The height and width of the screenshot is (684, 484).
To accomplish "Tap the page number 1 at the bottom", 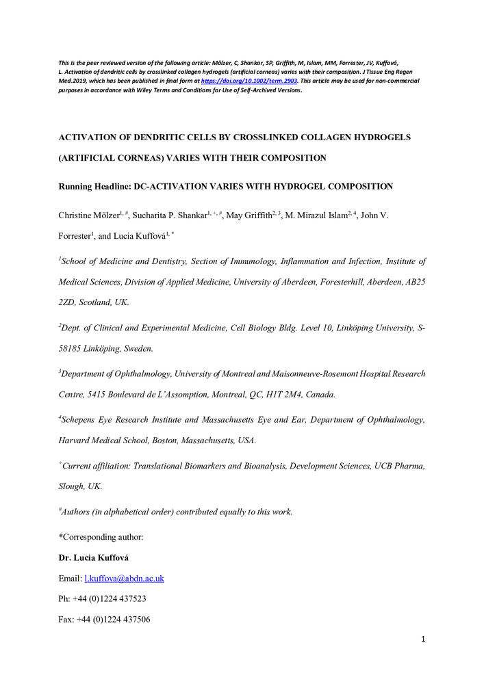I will pos(424,639).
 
